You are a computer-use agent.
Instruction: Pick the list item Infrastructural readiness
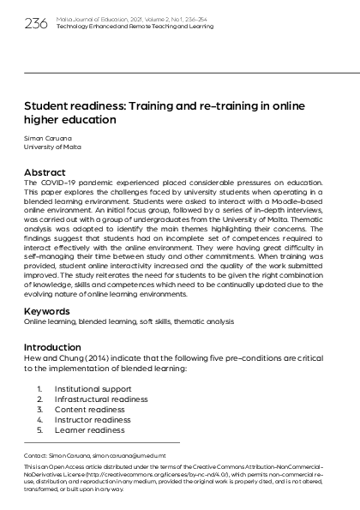tap(101, 399)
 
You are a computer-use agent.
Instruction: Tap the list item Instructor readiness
tap(93, 419)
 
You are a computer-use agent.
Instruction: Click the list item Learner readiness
tap(89, 429)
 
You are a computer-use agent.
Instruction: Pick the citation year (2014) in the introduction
tap(96, 357)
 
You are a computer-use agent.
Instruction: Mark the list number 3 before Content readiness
tap(39, 409)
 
